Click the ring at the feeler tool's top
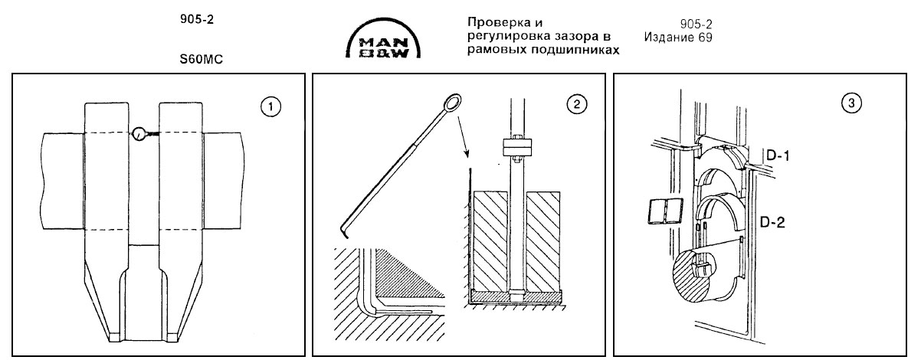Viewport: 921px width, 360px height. point(451,101)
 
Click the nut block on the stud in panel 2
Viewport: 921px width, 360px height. point(516,146)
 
